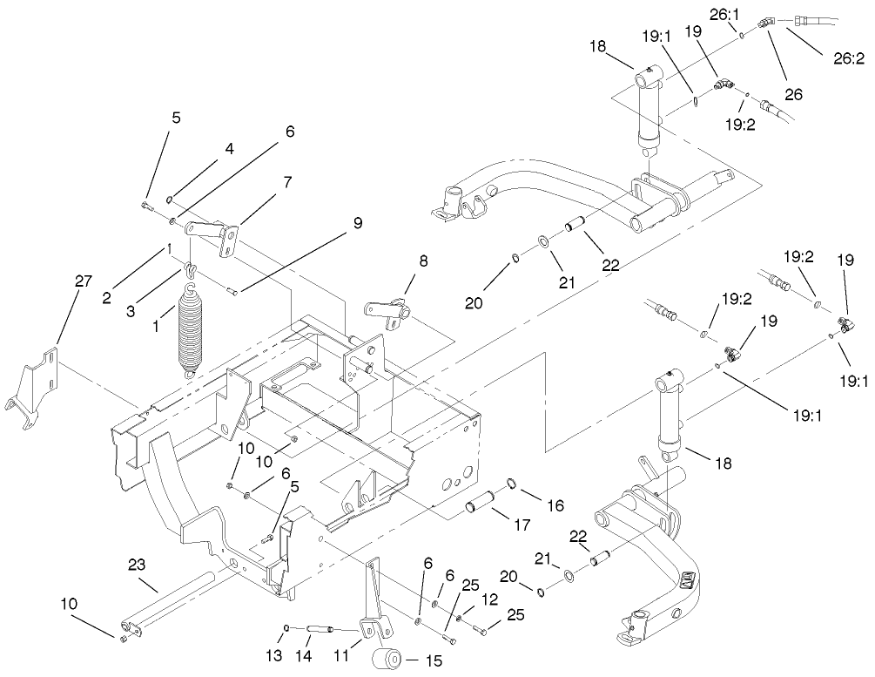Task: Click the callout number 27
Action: (x=83, y=281)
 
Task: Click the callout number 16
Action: (x=555, y=504)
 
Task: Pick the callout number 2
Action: (x=107, y=297)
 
